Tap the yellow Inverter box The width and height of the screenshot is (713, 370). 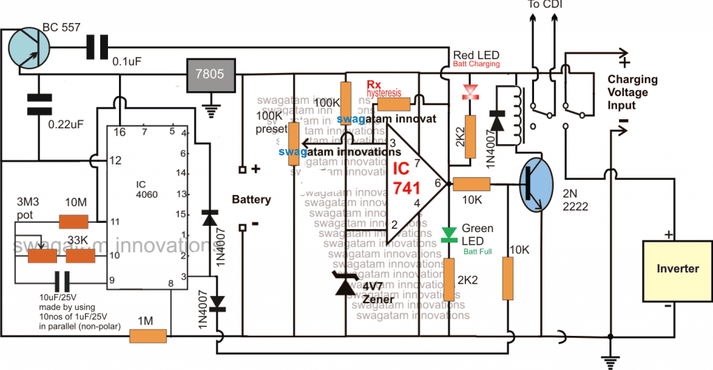tap(676, 269)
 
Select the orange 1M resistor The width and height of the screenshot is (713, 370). tap(148, 338)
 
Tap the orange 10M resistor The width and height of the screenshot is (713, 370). tap(73, 222)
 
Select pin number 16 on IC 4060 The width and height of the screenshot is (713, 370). tap(120, 131)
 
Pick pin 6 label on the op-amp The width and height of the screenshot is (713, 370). tap(438, 183)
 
